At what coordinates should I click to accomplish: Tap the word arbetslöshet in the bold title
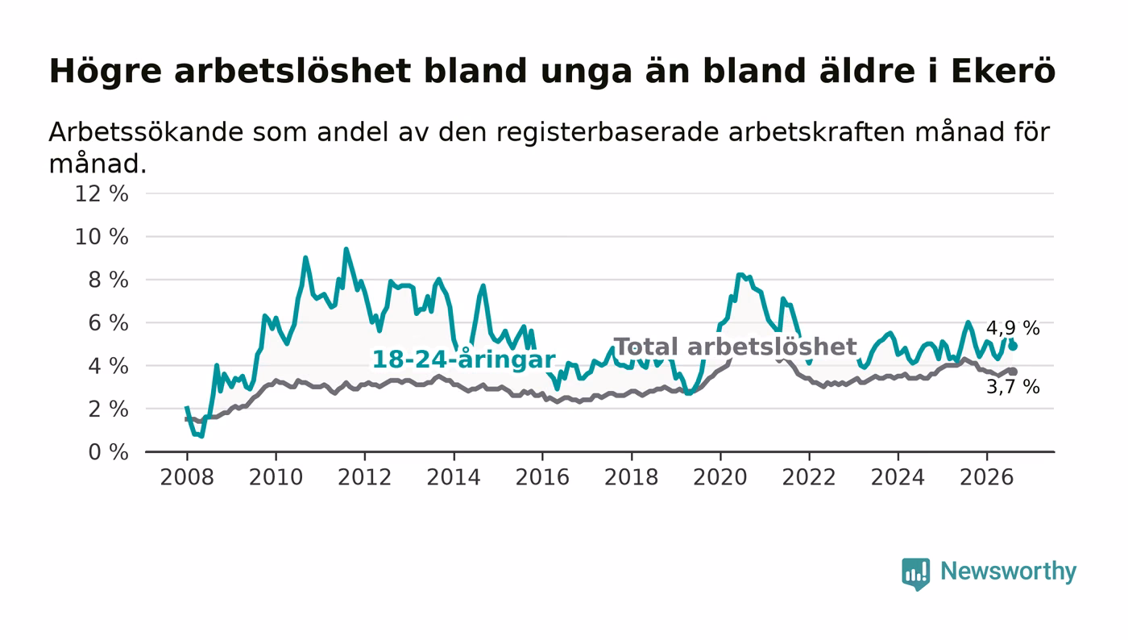pyautogui.click(x=292, y=71)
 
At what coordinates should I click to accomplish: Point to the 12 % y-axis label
pyautogui.click(x=102, y=193)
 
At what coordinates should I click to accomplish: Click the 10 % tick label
pyautogui.click(x=102, y=237)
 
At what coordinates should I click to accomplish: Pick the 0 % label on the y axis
pyautogui.click(x=108, y=452)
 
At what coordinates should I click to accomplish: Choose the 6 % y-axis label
pyautogui.click(x=108, y=323)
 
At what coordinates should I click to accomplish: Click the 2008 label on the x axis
pyautogui.click(x=187, y=477)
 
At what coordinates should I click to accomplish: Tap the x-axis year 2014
pyautogui.click(x=454, y=477)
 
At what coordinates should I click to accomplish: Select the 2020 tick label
pyautogui.click(x=720, y=477)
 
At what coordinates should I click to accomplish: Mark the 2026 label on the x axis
pyautogui.click(x=986, y=477)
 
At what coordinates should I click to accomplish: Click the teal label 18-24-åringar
pyautogui.click(x=464, y=359)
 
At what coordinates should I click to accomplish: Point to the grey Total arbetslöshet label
pyautogui.click(x=735, y=347)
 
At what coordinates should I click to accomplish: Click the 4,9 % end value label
pyautogui.click(x=1013, y=328)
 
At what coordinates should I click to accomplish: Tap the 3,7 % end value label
pyautogui.click(x=1013, y=387)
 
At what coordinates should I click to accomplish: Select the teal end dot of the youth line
pyautogui.click(x=1013, y=347)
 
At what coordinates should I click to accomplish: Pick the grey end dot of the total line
pyautogui.click(x=1013, y=372)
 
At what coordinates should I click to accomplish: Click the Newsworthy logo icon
pyautogui.click(x=915, y=573)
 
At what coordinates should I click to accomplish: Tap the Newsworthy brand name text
pyautogui.click(x=1008, y=571)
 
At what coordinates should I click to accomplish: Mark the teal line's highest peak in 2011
pyautogui.click(x=346, y=249)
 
